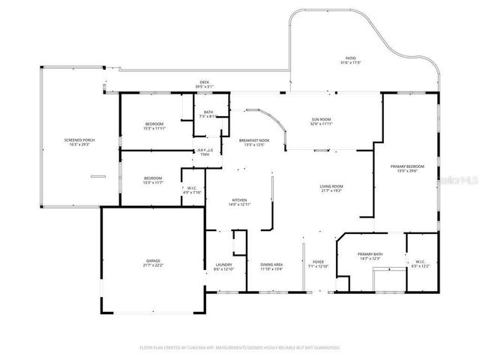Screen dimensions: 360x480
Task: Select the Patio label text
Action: click(350, 57)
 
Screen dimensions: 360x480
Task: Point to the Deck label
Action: click(204, 82)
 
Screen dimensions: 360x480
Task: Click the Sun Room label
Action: click(321, 119)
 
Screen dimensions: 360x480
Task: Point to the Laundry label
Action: click(223, 263)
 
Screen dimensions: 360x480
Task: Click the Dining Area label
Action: click(271, 263)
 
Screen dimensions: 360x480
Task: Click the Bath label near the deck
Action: click(207, 112)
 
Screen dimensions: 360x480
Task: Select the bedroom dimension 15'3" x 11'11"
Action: click(154, 128)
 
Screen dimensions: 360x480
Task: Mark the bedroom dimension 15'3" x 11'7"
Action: click(152, 182)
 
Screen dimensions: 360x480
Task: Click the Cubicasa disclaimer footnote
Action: click(240, 347)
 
